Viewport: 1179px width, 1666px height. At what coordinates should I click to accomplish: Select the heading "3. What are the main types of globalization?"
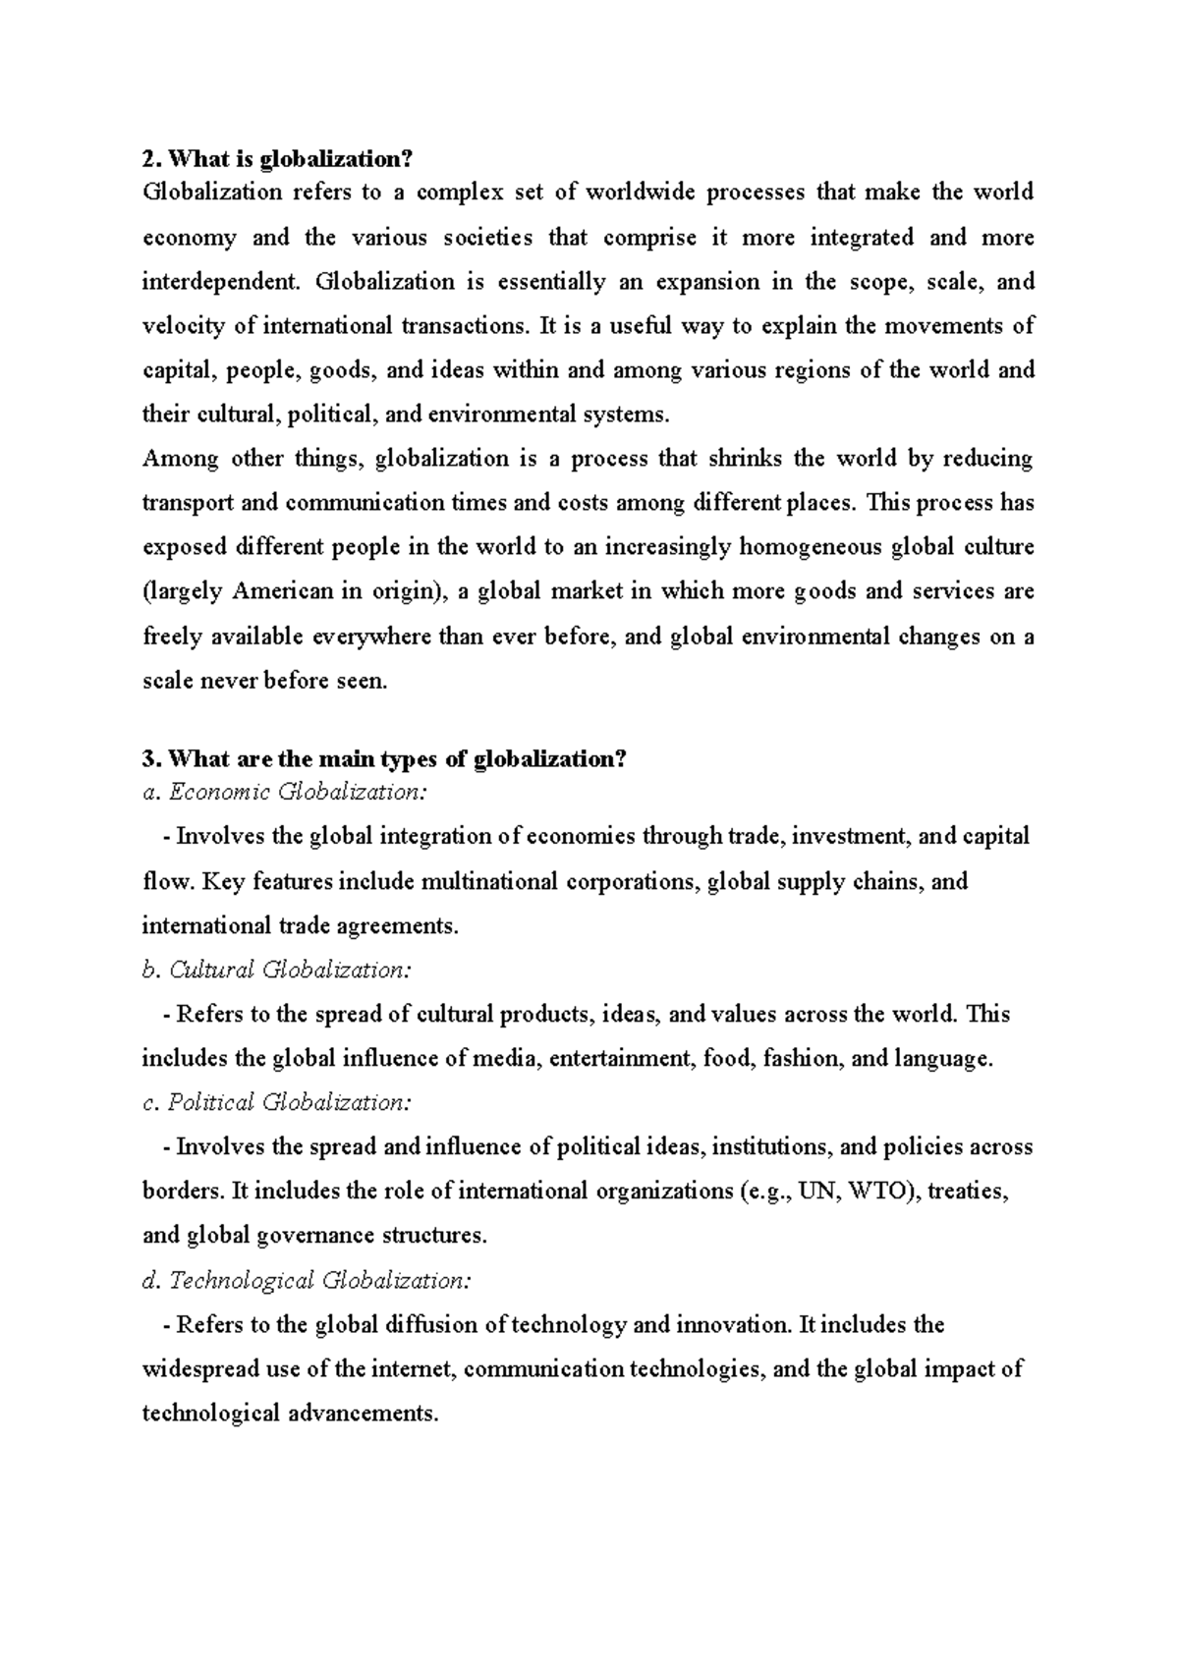[x=384, y=759]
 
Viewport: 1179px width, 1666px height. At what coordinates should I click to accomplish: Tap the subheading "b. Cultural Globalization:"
[x=277, y=970]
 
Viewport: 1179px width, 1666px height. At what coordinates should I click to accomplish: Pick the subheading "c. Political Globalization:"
[x=277, y=1102]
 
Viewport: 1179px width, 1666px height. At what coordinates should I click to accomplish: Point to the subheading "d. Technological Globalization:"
[x=307, y=1280]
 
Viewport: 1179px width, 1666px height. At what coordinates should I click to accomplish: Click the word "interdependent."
[x=223, y=282]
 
